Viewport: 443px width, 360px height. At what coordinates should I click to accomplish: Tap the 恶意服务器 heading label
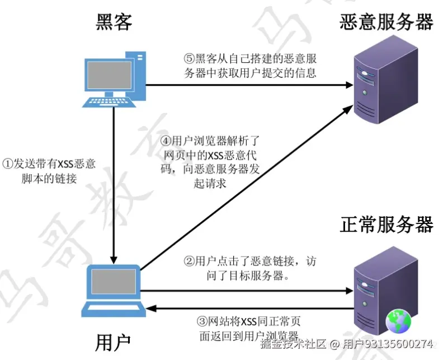(386, 22)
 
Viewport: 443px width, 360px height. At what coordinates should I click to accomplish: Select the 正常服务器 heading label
(386, 225)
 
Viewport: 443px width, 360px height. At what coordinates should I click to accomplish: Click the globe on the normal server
(398, 321)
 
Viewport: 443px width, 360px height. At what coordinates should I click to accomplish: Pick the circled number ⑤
(189, 58)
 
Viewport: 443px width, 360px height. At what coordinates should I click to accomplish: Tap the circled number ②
(189, 261)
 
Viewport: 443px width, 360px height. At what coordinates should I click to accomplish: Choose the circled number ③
(202, 322)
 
